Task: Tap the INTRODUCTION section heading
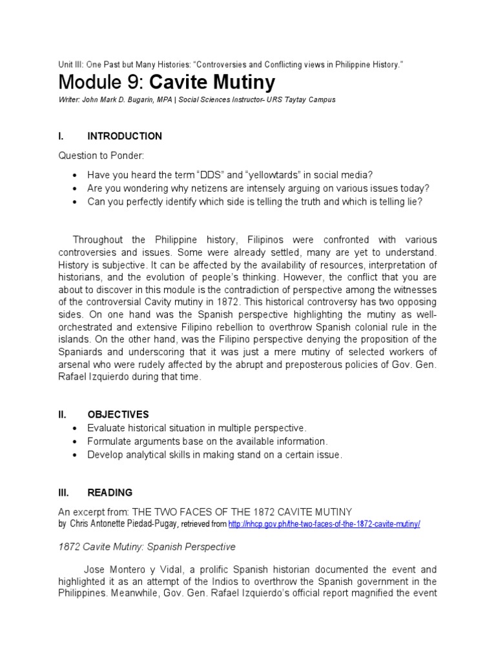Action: click(125, 136)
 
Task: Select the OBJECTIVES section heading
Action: click(118, 414)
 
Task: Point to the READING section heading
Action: click(110, 493)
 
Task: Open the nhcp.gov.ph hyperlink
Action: click(332, 524)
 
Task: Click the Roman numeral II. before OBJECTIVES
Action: click(62, 414)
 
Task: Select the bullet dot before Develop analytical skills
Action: click(76, 455)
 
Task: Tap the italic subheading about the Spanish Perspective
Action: click(147, 547)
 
